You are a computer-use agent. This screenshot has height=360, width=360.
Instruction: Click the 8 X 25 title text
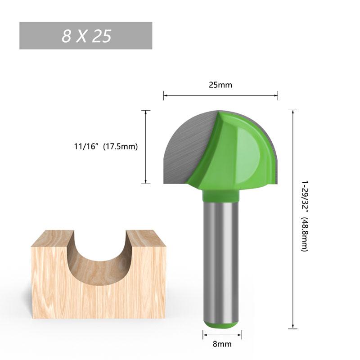(86, 36)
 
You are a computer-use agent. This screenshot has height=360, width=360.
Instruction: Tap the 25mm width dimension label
(220, 85)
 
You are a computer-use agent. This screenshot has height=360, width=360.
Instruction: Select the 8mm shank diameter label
(222, 344)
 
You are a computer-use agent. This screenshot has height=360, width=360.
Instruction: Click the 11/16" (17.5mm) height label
(106, 146)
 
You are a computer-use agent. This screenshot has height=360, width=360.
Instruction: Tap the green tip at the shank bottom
(222, 325)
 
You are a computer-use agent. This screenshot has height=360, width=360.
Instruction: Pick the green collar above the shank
(220, 195)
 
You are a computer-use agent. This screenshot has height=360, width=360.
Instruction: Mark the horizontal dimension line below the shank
(222, 334)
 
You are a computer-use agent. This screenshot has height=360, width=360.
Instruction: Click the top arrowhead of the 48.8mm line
(293, 112)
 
